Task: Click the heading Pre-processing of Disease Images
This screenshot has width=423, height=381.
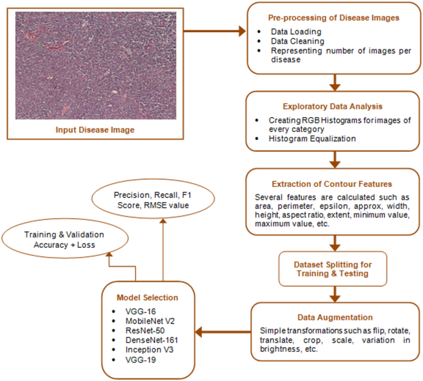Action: coord(333,18)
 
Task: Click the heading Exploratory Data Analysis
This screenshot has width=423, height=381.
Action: coord(333,107)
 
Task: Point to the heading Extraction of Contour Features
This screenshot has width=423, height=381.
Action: coord(333,184)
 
